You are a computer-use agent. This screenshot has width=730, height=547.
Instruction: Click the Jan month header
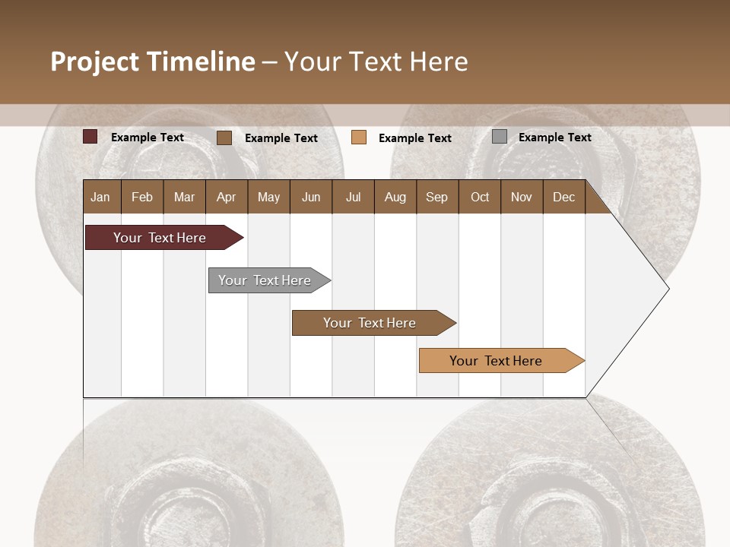[100, 197]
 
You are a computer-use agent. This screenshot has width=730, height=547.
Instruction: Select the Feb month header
[142, 197]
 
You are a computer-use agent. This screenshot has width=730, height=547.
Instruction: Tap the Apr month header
[226, 197]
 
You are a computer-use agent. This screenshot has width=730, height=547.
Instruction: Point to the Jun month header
[311, 197]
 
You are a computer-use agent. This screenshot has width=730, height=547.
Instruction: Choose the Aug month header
[395, 197]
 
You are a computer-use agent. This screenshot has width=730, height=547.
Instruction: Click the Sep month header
[436, 197]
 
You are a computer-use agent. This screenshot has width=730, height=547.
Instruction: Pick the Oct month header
[480, 197]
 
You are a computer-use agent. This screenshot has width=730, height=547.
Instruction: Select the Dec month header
[563, 197]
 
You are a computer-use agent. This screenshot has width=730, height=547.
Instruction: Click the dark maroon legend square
[90, 137]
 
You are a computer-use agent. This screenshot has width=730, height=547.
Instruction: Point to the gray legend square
[499, 137]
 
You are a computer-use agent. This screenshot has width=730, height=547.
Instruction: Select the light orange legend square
[359, 138]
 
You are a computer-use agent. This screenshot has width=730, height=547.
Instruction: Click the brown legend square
[224, 138]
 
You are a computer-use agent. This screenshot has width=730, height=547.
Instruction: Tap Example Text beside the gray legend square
[554, 138]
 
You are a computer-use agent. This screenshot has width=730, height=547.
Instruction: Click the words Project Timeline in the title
[152, 62]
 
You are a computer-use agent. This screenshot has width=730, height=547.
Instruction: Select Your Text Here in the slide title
[376, 62]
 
